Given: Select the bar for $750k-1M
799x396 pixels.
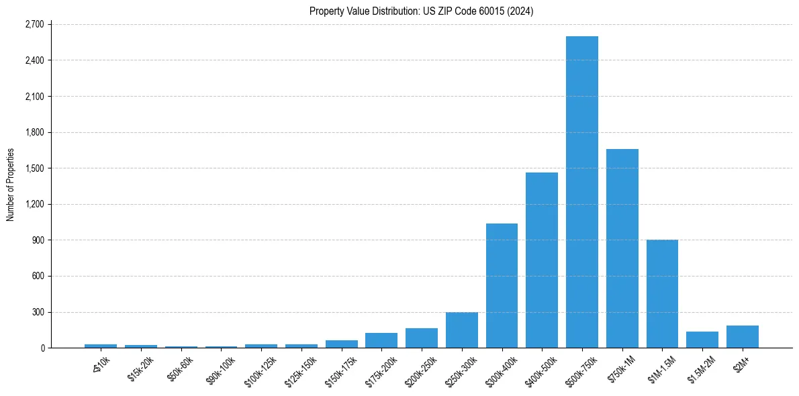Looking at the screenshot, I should pyautogui.click(x=622, y=248).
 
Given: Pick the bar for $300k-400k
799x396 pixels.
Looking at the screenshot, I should pyautogui.click(x=502, y=286).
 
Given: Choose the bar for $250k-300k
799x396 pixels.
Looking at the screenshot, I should pyautogui.click(x=461, y=330).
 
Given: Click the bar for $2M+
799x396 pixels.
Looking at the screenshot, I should pyautogui.click(x=742, y=337).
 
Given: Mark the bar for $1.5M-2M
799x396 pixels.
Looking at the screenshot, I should pyautogui.click(x=702, y=340).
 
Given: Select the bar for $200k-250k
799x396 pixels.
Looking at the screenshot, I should pyautogui.click(x=422, y=338).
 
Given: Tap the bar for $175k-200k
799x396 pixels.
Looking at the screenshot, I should pyautogui.click(x=381, y=340).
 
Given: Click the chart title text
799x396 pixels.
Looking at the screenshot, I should pyautogui.click(x=421, y=11).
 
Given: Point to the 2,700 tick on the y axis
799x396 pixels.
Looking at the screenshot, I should pyautogui.click(x=34, y=24).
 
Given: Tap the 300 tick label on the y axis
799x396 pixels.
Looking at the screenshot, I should pyautogui.click(x=38, y=312).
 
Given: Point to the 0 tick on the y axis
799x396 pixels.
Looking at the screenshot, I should pyautogui.click(x=42, y=348).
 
